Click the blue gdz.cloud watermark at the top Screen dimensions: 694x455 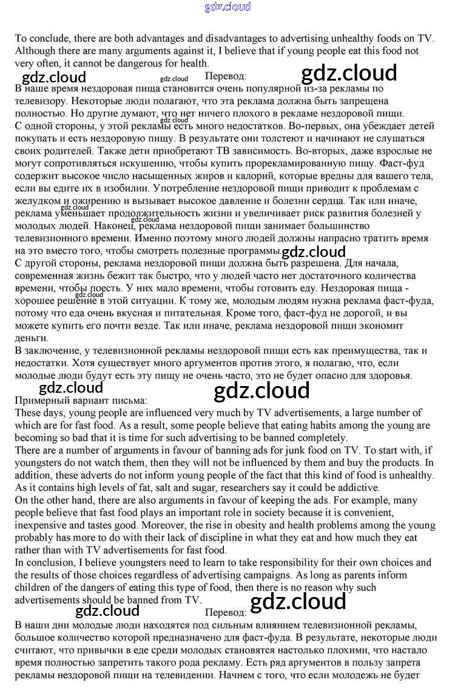227,7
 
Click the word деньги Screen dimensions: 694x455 31,338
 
